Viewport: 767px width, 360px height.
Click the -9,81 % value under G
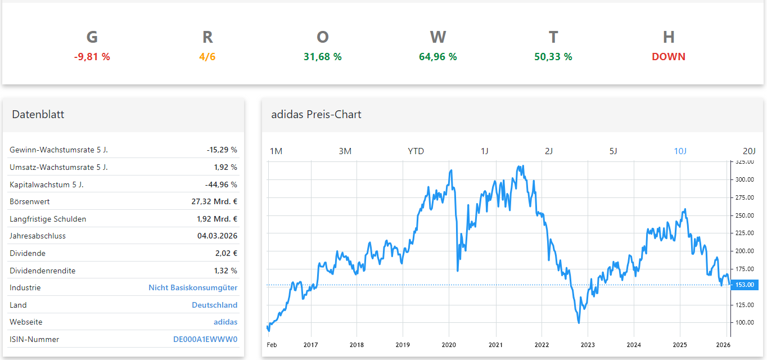tap(92, 57)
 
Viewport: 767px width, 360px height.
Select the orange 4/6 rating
tap(207, 57)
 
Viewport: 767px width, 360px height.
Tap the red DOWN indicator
tap(669, 57)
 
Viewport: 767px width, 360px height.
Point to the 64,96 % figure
tap(438, 57)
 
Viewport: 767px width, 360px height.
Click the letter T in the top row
tap(553, 37)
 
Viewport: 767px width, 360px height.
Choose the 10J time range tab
tap(680, 151)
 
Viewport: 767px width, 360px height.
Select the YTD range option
tap(416, 151)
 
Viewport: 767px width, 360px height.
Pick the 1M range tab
tap(276, 151)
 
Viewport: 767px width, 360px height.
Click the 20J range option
tap(749, 151)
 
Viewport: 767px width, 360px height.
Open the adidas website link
tap(225, 322)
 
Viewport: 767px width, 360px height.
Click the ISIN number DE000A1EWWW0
tap(205, 339)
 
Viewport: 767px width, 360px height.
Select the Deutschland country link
tap(214, 305)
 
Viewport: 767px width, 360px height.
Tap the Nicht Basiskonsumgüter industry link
tap(193, 287)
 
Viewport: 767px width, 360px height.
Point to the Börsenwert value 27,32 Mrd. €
tap(214, 201)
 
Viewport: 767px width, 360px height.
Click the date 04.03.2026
tap(217, 236)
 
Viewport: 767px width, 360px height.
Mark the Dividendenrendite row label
tap(42, 271)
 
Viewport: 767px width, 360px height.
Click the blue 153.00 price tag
tap(745, 285)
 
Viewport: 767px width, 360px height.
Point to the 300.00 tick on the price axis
tap(745, 180)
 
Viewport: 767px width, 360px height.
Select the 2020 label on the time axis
tap(449, 345)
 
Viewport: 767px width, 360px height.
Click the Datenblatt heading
tap(38, 115)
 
